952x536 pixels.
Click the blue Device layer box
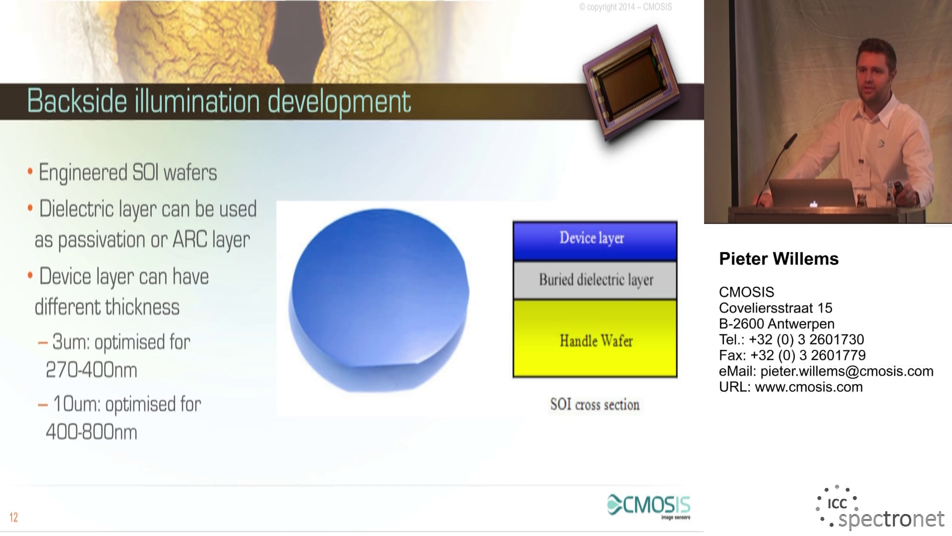coord(595,241)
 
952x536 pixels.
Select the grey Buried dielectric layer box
coord(595,280)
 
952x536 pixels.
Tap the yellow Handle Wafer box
coord(595,339)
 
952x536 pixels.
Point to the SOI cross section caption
coord(595,405)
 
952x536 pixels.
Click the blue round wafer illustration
coord(379,300)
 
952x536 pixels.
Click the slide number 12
coord(14,517)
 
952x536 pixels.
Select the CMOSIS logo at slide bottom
coord(649,507)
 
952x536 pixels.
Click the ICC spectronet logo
coord(880,508)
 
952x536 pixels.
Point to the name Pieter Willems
coord(779,259)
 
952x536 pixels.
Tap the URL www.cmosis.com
coord(809,387)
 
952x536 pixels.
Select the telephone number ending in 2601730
coord(806,339)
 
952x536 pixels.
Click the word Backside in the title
coord(77,101)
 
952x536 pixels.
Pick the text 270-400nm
coord(92,370)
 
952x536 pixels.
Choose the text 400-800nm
coord(92,432)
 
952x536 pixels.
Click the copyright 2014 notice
coord(626,7)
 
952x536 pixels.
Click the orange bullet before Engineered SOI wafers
coord(30,172)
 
